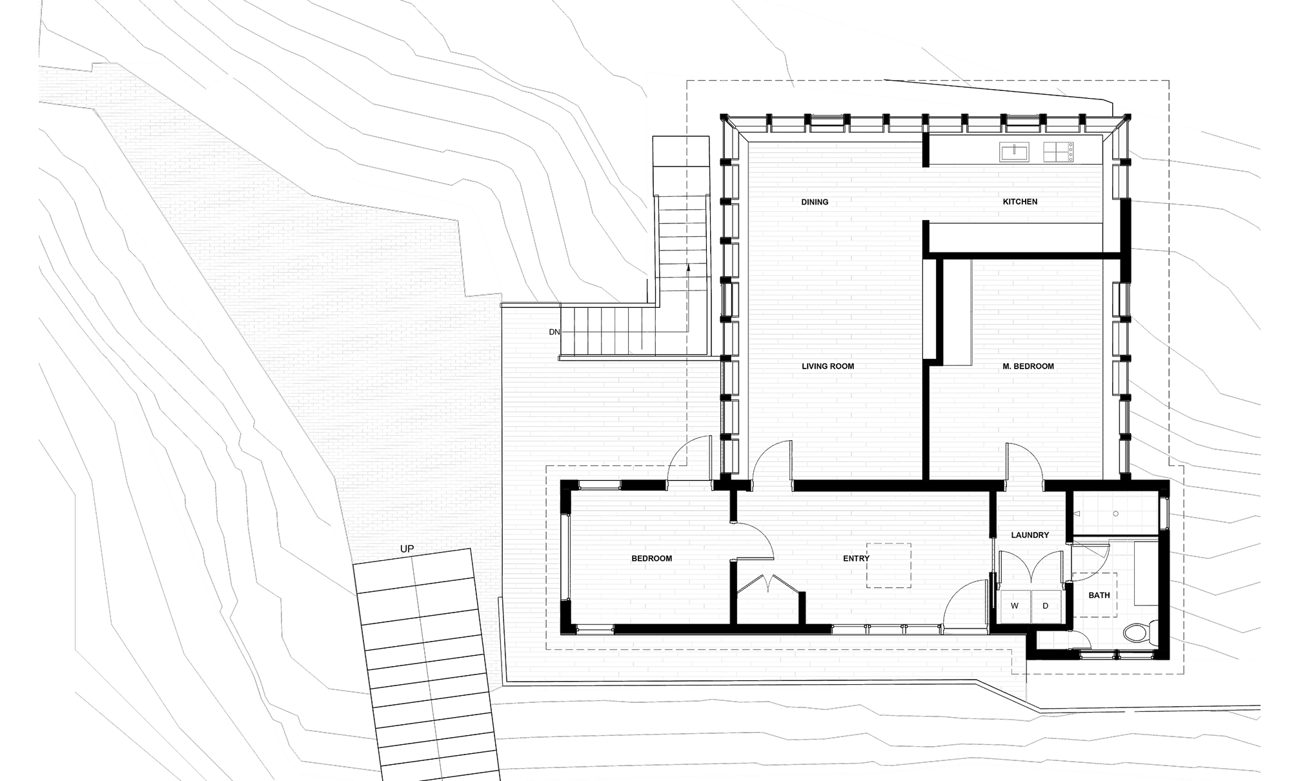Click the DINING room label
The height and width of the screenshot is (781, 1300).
[x=815, y=202]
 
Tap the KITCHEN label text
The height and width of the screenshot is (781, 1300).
[x=1020, y=202]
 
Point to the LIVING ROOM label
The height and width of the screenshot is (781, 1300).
[x=828, y=366]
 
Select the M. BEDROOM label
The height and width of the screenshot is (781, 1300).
[x=1028, y=366]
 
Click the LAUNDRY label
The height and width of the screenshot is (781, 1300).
[x=1031, y=536]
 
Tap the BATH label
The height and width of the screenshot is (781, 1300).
[x=1100, y=595]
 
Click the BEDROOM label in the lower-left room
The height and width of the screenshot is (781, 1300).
[x=652, y=558]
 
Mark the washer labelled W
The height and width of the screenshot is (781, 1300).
[x=1015, y=606]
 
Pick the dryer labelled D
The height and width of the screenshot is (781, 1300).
[x=1046, y=606]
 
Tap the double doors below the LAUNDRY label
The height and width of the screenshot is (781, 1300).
[x=1031, y=568]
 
